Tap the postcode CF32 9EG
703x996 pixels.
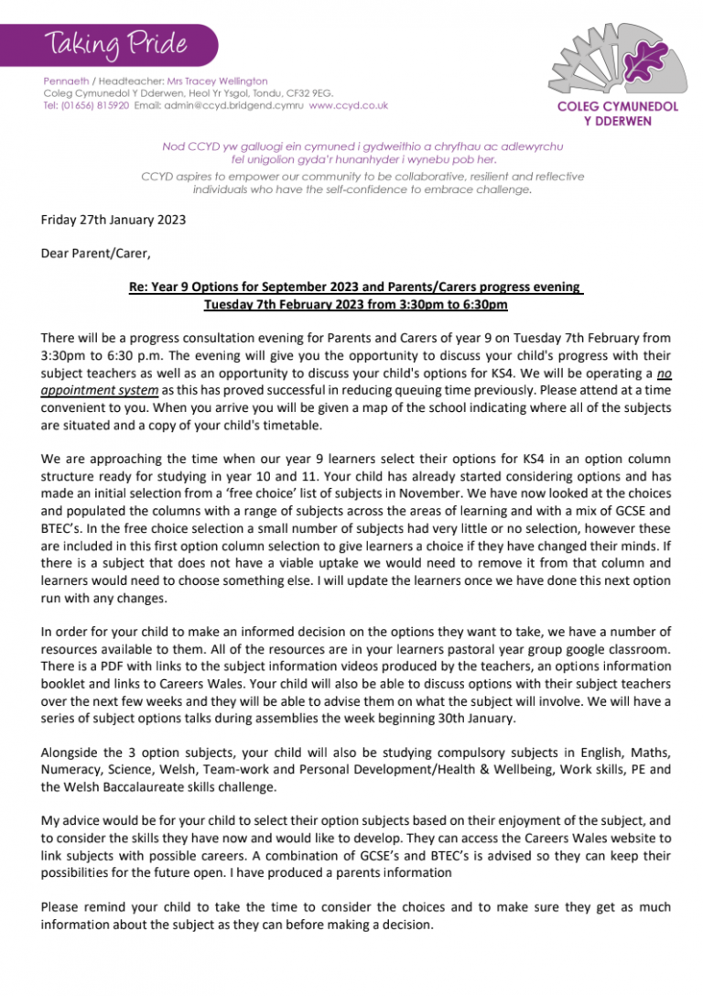coord(312,92)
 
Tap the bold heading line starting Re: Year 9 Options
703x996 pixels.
coord(355,287)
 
